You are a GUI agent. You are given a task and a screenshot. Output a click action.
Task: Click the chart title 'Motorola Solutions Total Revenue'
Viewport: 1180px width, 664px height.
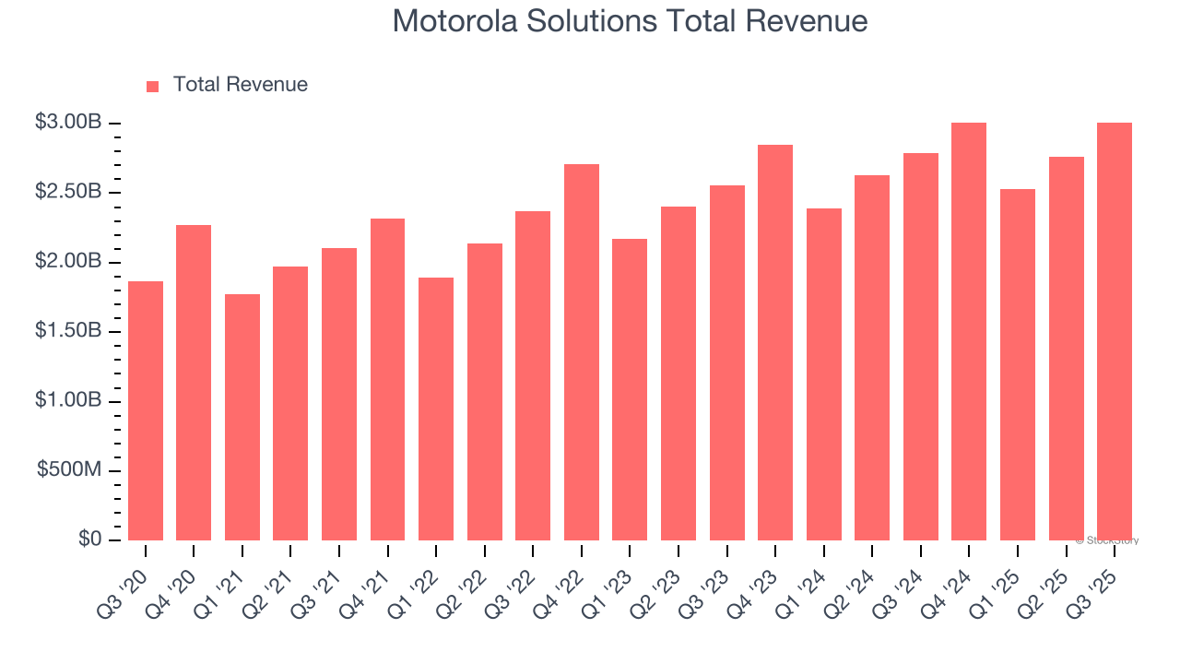pos(630,21)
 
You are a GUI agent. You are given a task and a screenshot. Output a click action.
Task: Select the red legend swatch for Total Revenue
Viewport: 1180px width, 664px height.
pos(153,86)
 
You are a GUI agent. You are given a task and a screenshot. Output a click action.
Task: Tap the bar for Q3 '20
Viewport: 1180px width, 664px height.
pos(146,410)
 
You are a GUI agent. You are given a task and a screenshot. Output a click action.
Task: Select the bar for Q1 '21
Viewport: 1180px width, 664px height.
pos(242,417)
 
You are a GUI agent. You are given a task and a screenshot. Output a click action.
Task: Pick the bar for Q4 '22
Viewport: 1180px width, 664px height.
pos(582,352)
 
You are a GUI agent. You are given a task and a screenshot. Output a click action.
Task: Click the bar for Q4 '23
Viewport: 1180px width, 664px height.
pos(775,342)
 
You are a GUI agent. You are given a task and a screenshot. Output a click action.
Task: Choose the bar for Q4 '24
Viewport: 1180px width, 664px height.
pos(969,331)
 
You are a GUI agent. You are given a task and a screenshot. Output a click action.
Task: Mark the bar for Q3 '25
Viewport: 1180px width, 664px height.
pos(1115,331)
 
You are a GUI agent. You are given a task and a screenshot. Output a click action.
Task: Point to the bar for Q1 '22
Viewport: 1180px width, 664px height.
pos(436,409)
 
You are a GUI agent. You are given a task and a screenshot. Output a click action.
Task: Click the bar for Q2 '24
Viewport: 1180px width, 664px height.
pos(872,358)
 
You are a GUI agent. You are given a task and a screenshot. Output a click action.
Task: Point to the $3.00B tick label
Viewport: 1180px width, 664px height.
pos(67,123)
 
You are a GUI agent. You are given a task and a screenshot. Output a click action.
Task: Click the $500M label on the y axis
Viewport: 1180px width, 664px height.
pos(69,470)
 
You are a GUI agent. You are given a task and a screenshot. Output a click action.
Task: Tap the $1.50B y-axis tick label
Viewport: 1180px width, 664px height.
pos(67,331)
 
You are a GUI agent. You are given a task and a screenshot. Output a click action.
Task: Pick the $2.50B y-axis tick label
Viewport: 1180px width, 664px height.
pos(67,192)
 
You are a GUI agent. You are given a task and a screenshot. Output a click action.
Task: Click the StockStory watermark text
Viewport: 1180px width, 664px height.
pos(1107,541)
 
